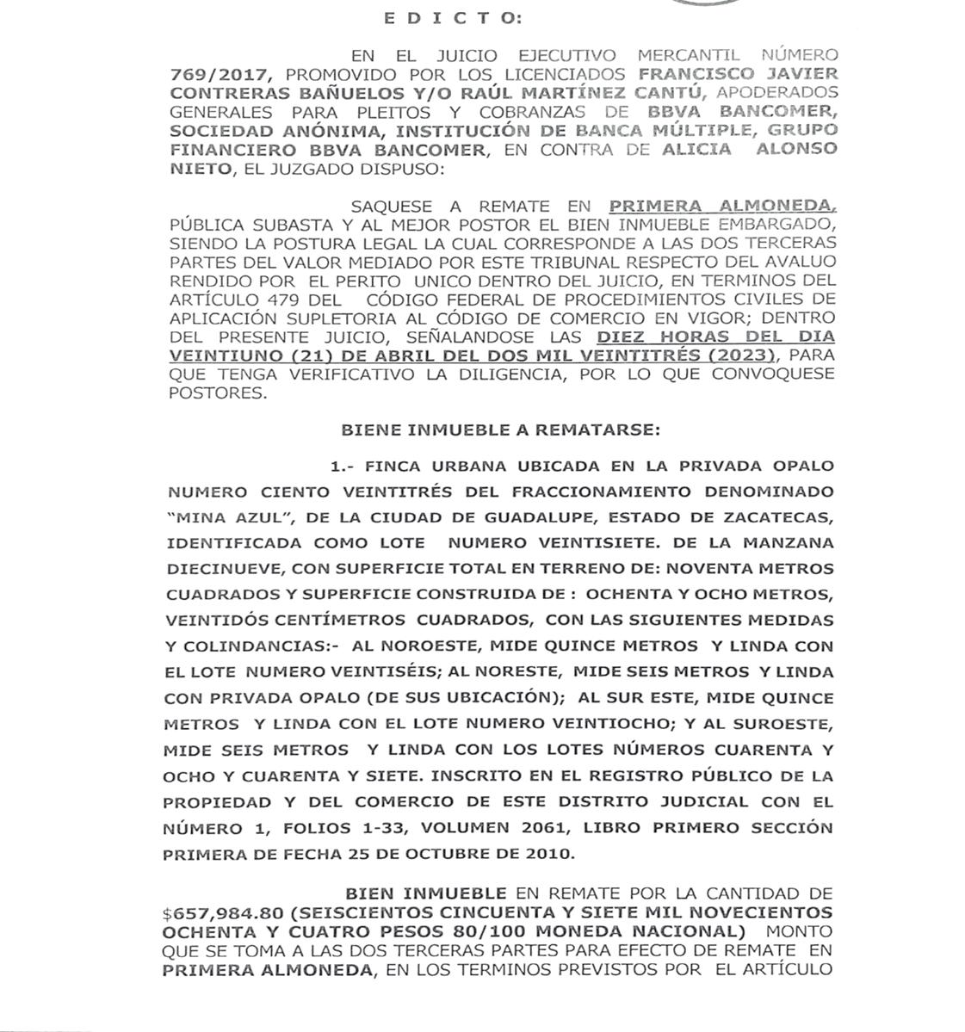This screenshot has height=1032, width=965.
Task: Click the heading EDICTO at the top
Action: pyautogui.click(x=451, y=17)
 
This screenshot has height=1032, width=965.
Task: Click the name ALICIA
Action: pyautogui.click(x=697, y=150)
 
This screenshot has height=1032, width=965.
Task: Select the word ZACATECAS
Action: pyautogui.click(x=776, y=518)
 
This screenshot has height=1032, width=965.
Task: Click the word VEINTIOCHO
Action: pyautogui.click(x=627, y=724)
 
